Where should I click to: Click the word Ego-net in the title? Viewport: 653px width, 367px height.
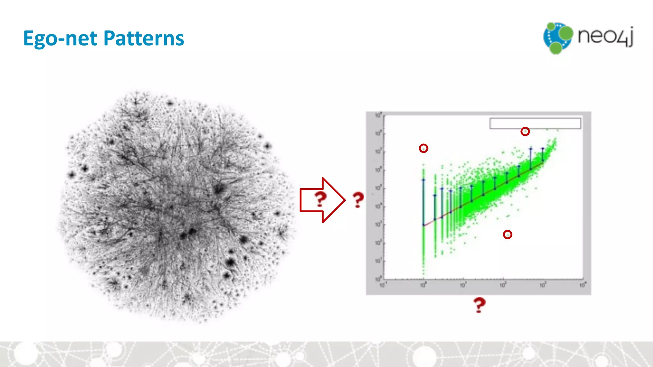(60, 39)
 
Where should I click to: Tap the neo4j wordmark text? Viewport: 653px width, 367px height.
(605, 36)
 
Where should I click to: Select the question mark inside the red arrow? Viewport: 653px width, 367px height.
(320, 199)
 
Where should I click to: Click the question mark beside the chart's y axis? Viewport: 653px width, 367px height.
(358, 200)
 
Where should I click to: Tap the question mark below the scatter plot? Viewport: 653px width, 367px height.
(479, 305)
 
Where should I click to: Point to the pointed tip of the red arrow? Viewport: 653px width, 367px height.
(344, 200)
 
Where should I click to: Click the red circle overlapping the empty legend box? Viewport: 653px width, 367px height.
(525, 131)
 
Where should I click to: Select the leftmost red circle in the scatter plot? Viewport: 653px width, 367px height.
(423, 148)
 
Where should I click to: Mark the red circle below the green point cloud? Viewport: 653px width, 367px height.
(507, 234)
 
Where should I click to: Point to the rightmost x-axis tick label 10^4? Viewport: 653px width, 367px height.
(582, 285)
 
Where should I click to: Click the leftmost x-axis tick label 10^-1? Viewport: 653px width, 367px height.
(383, 285)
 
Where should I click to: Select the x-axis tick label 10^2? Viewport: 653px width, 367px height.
(503, 285)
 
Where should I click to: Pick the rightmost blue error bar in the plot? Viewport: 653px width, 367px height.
(543, 155)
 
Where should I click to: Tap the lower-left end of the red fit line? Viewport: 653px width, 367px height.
(424, 226)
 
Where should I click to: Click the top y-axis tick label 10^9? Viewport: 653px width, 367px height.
(378, 115)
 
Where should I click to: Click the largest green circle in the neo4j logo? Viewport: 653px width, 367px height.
(566, 33)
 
